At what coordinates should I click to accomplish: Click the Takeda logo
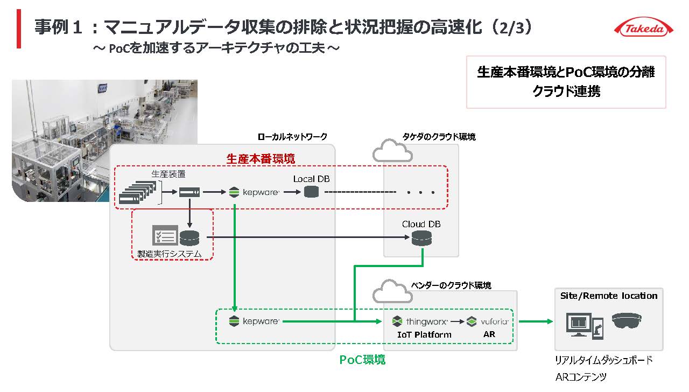[643, 29]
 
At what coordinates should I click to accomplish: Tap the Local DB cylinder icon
[311, 192]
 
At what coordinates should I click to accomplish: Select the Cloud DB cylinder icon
[421, 238]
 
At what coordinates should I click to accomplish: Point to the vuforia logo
[488, 322]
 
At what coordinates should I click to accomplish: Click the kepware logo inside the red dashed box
[254, 192]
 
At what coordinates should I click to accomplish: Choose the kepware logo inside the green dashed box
[254, 322]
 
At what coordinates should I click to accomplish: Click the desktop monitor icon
[578, 325]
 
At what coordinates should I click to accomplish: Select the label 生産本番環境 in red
[261, 159]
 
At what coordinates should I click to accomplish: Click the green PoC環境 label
[362, 360]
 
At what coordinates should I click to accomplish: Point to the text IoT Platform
[424, 334]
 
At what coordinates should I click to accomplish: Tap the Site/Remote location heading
[609, 296]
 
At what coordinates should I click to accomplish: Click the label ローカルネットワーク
[292, 137]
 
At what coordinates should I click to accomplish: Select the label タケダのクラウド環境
[439, 137]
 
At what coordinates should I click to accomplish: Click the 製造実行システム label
[169, 254]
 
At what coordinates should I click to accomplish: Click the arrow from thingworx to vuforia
[457, 322]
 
